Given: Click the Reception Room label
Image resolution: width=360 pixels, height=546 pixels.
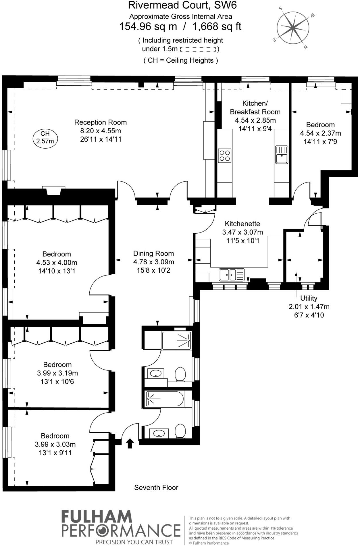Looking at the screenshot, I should (100, 122).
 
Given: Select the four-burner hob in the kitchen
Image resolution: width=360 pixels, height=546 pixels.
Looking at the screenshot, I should (224, 155).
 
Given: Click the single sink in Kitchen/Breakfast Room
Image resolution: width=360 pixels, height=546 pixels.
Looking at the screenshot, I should (282, 155).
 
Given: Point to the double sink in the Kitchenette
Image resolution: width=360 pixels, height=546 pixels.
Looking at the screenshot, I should (232, 274).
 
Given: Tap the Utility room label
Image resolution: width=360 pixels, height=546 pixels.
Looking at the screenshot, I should (309, 298).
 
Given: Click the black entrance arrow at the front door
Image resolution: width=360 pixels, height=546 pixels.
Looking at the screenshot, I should (130, 443).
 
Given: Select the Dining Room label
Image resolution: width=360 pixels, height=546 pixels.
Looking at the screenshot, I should (153, 253).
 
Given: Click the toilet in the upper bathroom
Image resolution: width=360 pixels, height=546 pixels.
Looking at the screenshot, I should (180, 374).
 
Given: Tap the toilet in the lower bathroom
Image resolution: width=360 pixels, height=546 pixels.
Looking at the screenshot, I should (180, 431).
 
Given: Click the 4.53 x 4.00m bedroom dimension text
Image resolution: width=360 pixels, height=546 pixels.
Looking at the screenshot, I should (57, 262).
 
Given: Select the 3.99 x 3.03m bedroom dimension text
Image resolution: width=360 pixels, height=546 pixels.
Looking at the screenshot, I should (55, 444).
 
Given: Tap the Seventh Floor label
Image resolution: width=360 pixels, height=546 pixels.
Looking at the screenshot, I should (156, 487).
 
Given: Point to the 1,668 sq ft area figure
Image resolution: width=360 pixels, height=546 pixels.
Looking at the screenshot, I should (217, 26).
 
